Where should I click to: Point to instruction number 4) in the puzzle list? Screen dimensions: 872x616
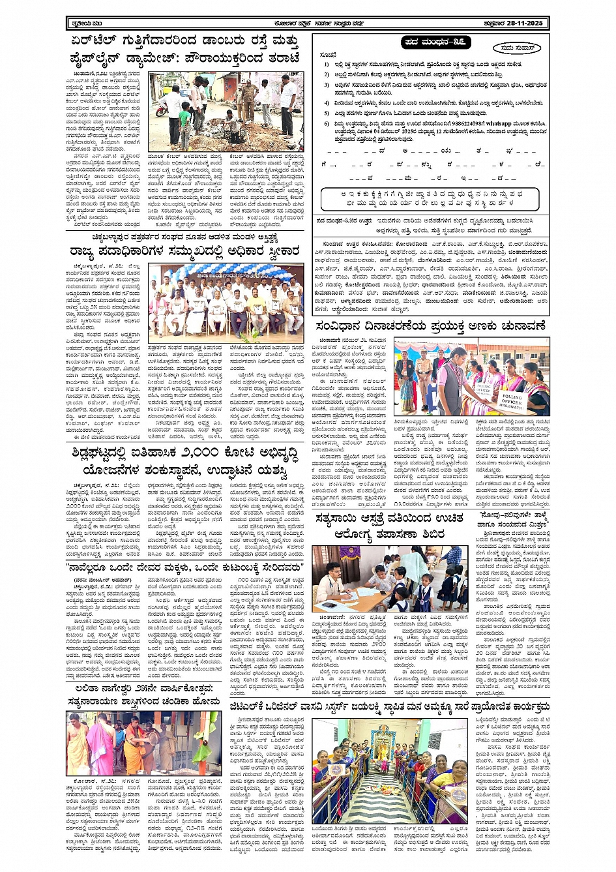tap(326, 103)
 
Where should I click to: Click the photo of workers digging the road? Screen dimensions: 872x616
tap(226, 112)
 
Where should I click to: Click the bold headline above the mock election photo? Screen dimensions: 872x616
tap(430, 326)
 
